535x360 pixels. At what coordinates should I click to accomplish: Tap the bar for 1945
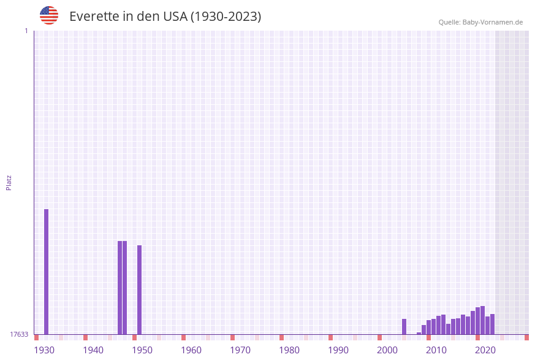click(120, 288)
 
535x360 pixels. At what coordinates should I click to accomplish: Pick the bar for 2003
click(404, 326)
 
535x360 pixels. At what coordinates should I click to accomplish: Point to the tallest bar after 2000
click(482, 320)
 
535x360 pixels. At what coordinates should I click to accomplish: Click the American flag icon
click(49, 15)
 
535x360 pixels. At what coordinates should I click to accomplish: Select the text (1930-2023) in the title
click(226, 17)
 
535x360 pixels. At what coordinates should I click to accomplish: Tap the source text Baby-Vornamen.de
click(493, 22)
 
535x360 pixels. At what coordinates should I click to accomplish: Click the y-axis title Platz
click(9, 182)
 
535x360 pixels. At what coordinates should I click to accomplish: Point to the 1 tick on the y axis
click(26, 31)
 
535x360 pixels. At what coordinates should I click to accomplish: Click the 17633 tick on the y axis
click(19, 334)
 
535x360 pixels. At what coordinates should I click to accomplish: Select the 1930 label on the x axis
click(44, 350)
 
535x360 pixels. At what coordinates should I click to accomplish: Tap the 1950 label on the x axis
click(142, 350)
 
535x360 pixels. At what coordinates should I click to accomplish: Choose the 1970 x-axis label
click(240, 350)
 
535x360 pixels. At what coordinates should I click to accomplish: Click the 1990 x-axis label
click(338, 350)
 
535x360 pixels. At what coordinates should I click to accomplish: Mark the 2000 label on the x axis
click(387, 350)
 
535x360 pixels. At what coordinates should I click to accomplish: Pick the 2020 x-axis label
click(485, 350)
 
